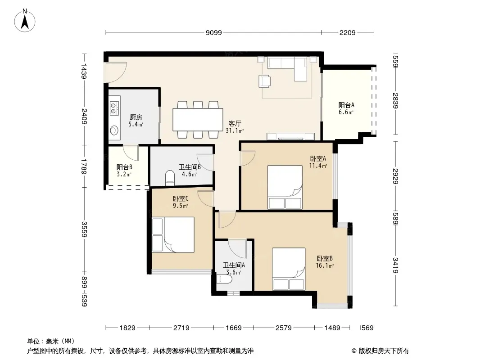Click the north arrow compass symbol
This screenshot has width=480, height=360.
point(25,21)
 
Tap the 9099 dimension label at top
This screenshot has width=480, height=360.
point(214,32)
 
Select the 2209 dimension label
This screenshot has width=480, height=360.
point(348,32)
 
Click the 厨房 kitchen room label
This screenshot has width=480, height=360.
point(136,117)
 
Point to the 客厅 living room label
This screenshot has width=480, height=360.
point(235,124)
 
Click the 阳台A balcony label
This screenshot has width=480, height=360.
point(346,105)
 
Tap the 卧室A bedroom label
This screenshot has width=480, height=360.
point(318,158)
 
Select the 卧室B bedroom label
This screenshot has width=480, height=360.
point(325,258)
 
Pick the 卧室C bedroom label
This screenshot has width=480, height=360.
point(181,199)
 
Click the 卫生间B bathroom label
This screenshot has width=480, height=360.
point(190,167)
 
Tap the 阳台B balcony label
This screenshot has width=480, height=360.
point(124,167)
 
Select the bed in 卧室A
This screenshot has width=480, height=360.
point(285,187)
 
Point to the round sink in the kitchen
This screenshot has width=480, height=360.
point(114,130)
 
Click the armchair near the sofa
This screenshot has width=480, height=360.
point(265,81)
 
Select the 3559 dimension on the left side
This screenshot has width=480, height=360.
point(84,229)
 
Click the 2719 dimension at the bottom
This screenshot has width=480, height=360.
point(181,328)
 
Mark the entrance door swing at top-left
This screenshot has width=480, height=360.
point(115,72)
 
